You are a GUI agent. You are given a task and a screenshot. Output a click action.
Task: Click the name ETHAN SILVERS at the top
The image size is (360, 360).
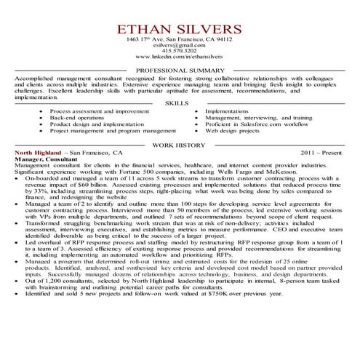click(179, 28)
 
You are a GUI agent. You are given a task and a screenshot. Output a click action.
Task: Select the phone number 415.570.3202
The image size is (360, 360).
click(179, 50)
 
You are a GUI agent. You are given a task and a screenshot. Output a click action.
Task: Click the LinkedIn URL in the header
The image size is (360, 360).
click(179, 57)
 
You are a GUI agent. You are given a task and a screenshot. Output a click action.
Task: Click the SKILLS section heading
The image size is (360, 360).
click(179, 104)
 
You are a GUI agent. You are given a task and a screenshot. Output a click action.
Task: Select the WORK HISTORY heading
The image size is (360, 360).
click(179, 146)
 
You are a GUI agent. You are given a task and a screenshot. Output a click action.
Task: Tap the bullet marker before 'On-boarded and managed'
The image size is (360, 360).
click(18, 177)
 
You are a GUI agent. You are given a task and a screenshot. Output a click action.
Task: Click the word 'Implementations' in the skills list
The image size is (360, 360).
click(228, 111)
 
